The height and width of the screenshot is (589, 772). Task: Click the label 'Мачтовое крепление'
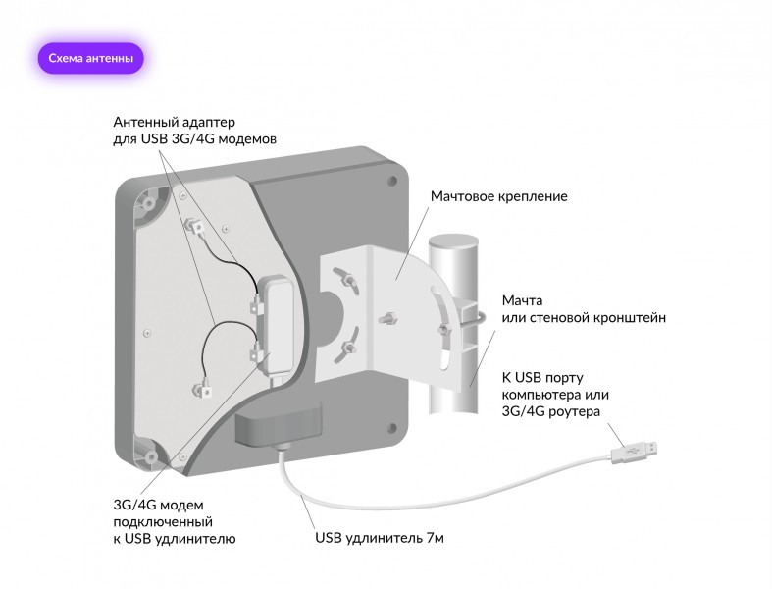[498, 196]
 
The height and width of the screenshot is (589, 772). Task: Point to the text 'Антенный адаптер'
[175, 122]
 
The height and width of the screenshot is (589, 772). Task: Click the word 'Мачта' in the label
[522, 299]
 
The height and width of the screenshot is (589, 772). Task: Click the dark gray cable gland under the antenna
[279, 423]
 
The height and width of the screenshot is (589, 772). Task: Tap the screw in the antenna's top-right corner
[392, 181]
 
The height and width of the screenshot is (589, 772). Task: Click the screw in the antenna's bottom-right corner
[393, 426]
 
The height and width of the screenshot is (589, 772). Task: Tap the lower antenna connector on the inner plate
[208, 387]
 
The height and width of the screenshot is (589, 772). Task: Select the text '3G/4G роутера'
[550, 411]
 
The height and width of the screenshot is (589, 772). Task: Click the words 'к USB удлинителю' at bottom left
[174, 539]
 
